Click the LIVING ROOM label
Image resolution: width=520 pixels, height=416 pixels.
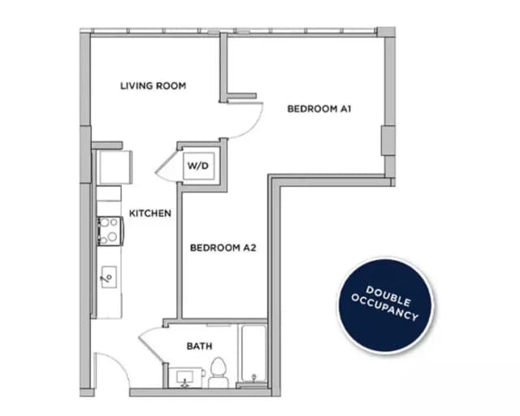[x=153, y=85]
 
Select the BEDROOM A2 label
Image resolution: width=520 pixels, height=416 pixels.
[x=223, y=247]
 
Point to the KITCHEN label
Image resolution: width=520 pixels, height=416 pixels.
[x=149, y=214]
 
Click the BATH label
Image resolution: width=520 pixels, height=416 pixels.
[x=199, y=346]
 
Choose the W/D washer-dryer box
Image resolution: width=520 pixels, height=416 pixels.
[x=199, y=166]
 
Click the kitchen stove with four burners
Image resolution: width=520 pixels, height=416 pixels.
[x=109, y=230]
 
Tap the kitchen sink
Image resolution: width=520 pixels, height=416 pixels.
[x=107, y=277]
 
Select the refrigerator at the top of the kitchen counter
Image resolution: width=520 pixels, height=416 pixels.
[x=110, y=167]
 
